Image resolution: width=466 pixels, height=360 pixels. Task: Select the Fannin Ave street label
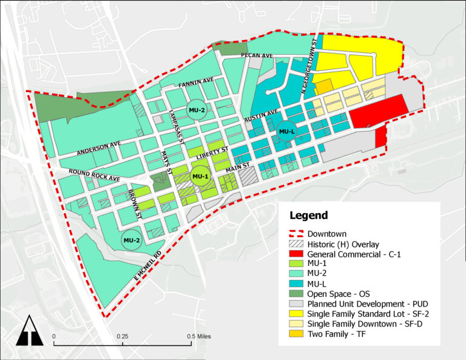click(195, 82)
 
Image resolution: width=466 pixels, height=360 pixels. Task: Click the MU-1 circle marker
click(200, 176)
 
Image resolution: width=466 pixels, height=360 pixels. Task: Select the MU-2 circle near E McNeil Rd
click(132, 240)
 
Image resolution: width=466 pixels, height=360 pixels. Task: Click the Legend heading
click(308, 216)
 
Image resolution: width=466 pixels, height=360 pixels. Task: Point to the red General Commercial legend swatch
click(296, 254)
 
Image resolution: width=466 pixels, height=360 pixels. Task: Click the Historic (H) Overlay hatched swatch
click(296, 243)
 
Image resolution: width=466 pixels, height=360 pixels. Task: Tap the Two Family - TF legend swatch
click(296, 334)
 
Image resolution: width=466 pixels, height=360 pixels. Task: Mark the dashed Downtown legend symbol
click(296, 234)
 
